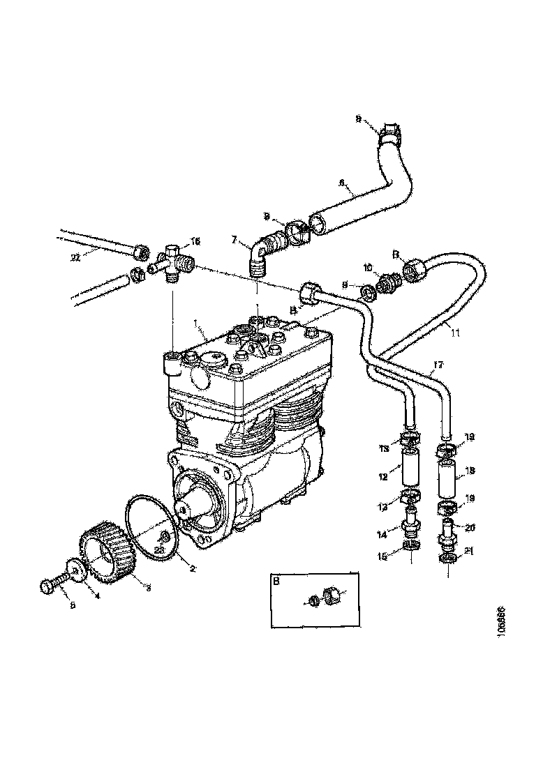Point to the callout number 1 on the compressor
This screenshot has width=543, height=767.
pyautogui.click(x=198, y=324)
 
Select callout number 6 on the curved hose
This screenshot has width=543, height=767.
pyautogui.click(x=342, y=183)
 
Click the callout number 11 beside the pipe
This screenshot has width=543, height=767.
pyautogui.click(x=455, y=333)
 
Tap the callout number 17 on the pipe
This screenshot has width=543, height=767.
pyautogui.click(x=438, y=364)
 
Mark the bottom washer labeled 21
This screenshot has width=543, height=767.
pyautogui.click(x=447, y=559)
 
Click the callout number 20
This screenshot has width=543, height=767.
pyautogui.click(x=470, y=527)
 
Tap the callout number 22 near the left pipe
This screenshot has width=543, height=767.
pyautogui.click(x=75, y=257)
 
